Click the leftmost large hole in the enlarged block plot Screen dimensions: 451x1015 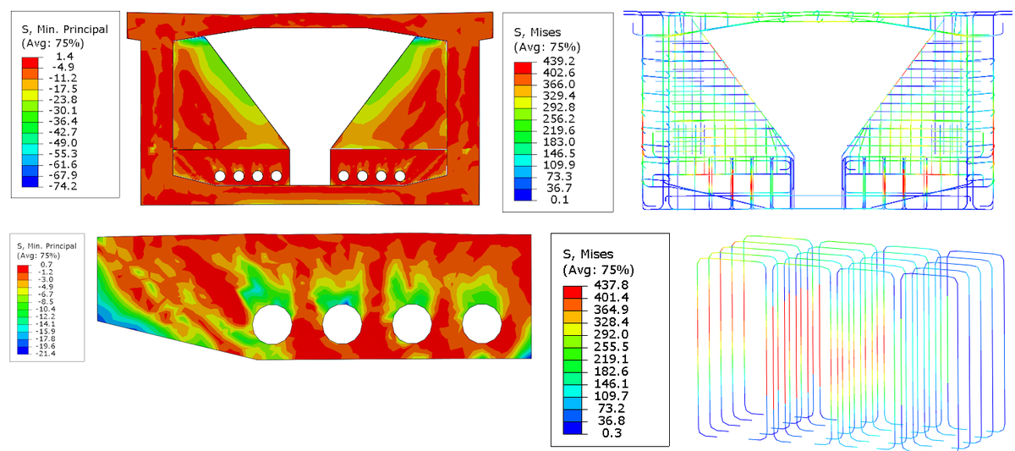[272, 325]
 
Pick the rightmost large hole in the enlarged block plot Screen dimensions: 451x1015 [482, 325]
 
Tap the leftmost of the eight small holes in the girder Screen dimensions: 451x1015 [220, 176]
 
